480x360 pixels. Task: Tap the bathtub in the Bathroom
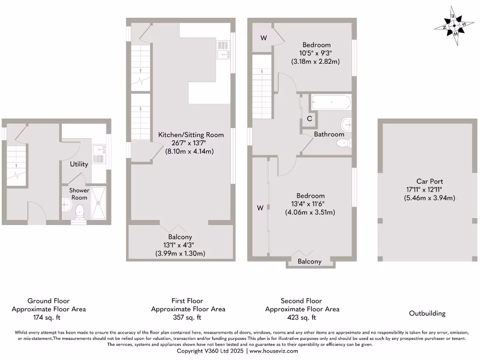coord(330,102)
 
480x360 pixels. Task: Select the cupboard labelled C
coord(309,119)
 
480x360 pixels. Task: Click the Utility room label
coord(79,164)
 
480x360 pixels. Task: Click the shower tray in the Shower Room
coord(98,202)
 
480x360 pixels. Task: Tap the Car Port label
coord(429,181)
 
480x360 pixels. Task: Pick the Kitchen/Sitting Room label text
coord(191,135)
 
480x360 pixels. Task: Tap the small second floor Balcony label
coord(310,262)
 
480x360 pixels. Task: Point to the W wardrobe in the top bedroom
coord(263,38)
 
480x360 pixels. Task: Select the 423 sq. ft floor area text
coord(302,317)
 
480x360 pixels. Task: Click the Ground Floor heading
coord(49,301)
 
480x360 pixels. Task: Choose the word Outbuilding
coord(427,313)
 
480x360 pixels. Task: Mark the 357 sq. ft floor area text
coord(187,317)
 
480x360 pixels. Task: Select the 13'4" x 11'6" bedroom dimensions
coord(310,204)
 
